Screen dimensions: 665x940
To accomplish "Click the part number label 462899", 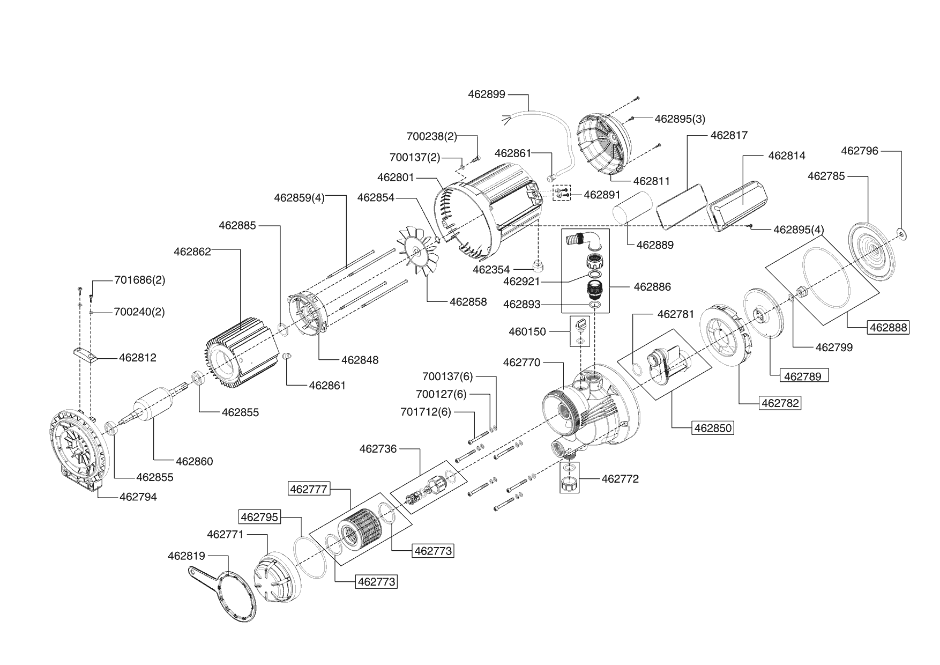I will pos(486,94).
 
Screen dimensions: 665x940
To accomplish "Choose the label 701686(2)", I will pos(139,280).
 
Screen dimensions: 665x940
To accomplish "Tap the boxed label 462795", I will pos(259,517).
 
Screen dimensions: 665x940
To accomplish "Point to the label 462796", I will pos(860,151).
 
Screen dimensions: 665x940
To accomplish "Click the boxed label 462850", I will pos(713,428).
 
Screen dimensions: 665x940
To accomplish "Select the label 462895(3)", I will pos(680,119).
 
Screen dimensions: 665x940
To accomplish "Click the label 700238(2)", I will pos(431,136).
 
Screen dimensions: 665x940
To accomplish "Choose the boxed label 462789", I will pos(802,376).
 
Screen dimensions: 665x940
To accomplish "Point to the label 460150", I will pos(527,332).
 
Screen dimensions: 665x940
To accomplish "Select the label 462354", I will pos(491,269).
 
